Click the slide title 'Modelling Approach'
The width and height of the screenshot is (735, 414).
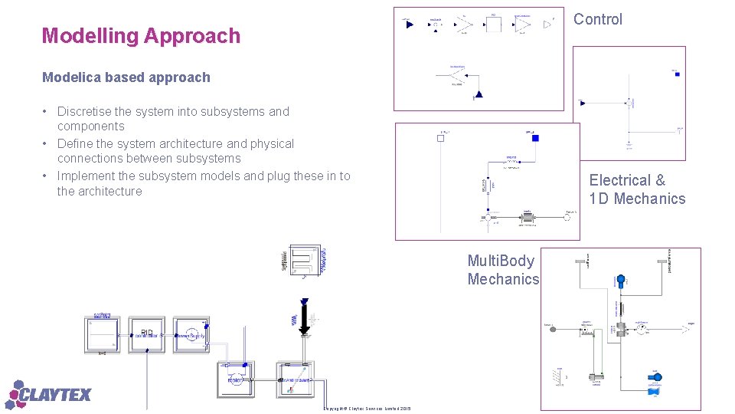(x=141, y=36)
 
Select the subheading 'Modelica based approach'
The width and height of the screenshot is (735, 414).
(x=126, y=77)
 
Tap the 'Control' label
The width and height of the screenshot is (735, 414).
(x=598, y=20)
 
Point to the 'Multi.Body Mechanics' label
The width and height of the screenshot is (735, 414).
(x=503, y=270)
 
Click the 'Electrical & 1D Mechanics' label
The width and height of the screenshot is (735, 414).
(x=637, y=189)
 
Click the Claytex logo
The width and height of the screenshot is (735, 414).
(x=49, y=395)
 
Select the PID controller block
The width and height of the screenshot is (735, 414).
(x=146, y=334)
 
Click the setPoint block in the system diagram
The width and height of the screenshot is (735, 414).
(x=103, y=334)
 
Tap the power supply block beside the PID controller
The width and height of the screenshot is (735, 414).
(x=191, y=334)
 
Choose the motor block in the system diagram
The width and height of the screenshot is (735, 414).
(x=236, y=379)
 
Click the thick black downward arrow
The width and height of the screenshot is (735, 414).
(x=305, y=318)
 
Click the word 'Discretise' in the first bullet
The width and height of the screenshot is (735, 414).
(x=85, y=112)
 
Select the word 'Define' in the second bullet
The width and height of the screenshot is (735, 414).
(x=75, y=144)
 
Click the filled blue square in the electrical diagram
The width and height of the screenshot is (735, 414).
(x=535, y=138)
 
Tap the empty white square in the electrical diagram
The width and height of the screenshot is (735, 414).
(x=442, y=138)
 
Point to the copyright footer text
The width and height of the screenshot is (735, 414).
(x=367, y=408)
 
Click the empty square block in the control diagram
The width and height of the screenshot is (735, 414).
(x=493, y=25)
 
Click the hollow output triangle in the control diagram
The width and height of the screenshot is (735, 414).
(x=547, y=25)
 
